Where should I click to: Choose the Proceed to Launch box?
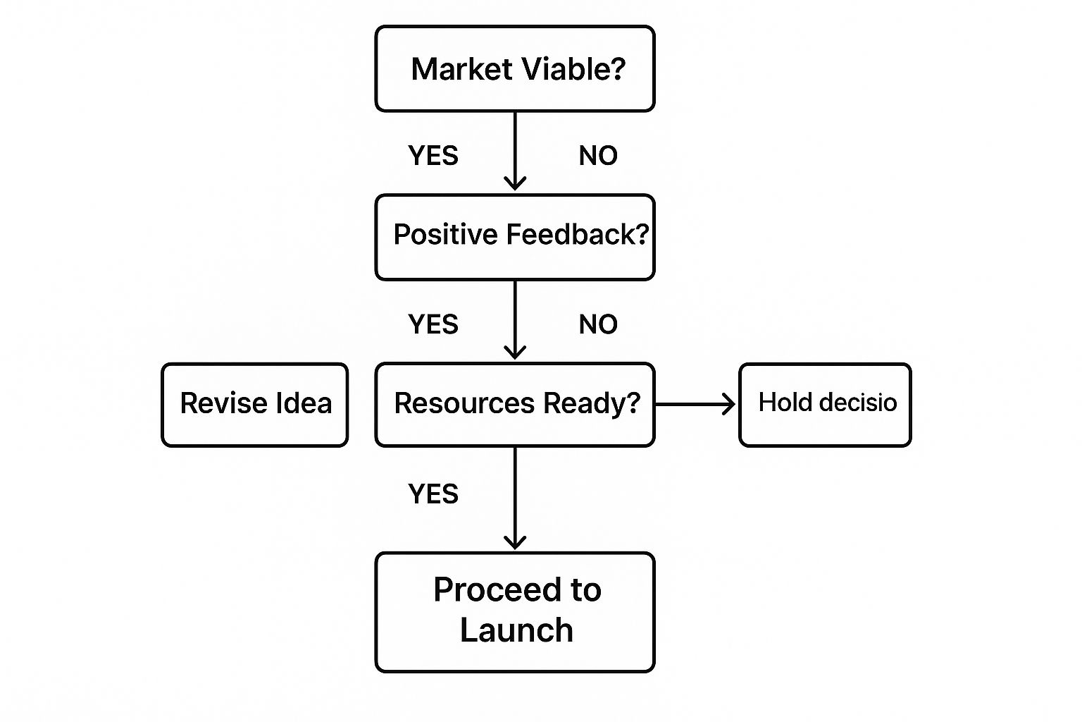tap(515, 612)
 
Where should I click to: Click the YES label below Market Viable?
tap(433, 156)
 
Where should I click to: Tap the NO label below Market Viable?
tap(598, 156)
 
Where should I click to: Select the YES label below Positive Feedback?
tap(433, 324)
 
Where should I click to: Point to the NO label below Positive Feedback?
tap(598, 324)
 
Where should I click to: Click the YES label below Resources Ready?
tap(433, 494)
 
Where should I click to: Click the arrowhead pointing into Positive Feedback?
tap(515, 184)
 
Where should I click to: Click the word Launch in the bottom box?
tap(516, 630)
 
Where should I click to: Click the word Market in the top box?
tap(461, 69)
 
